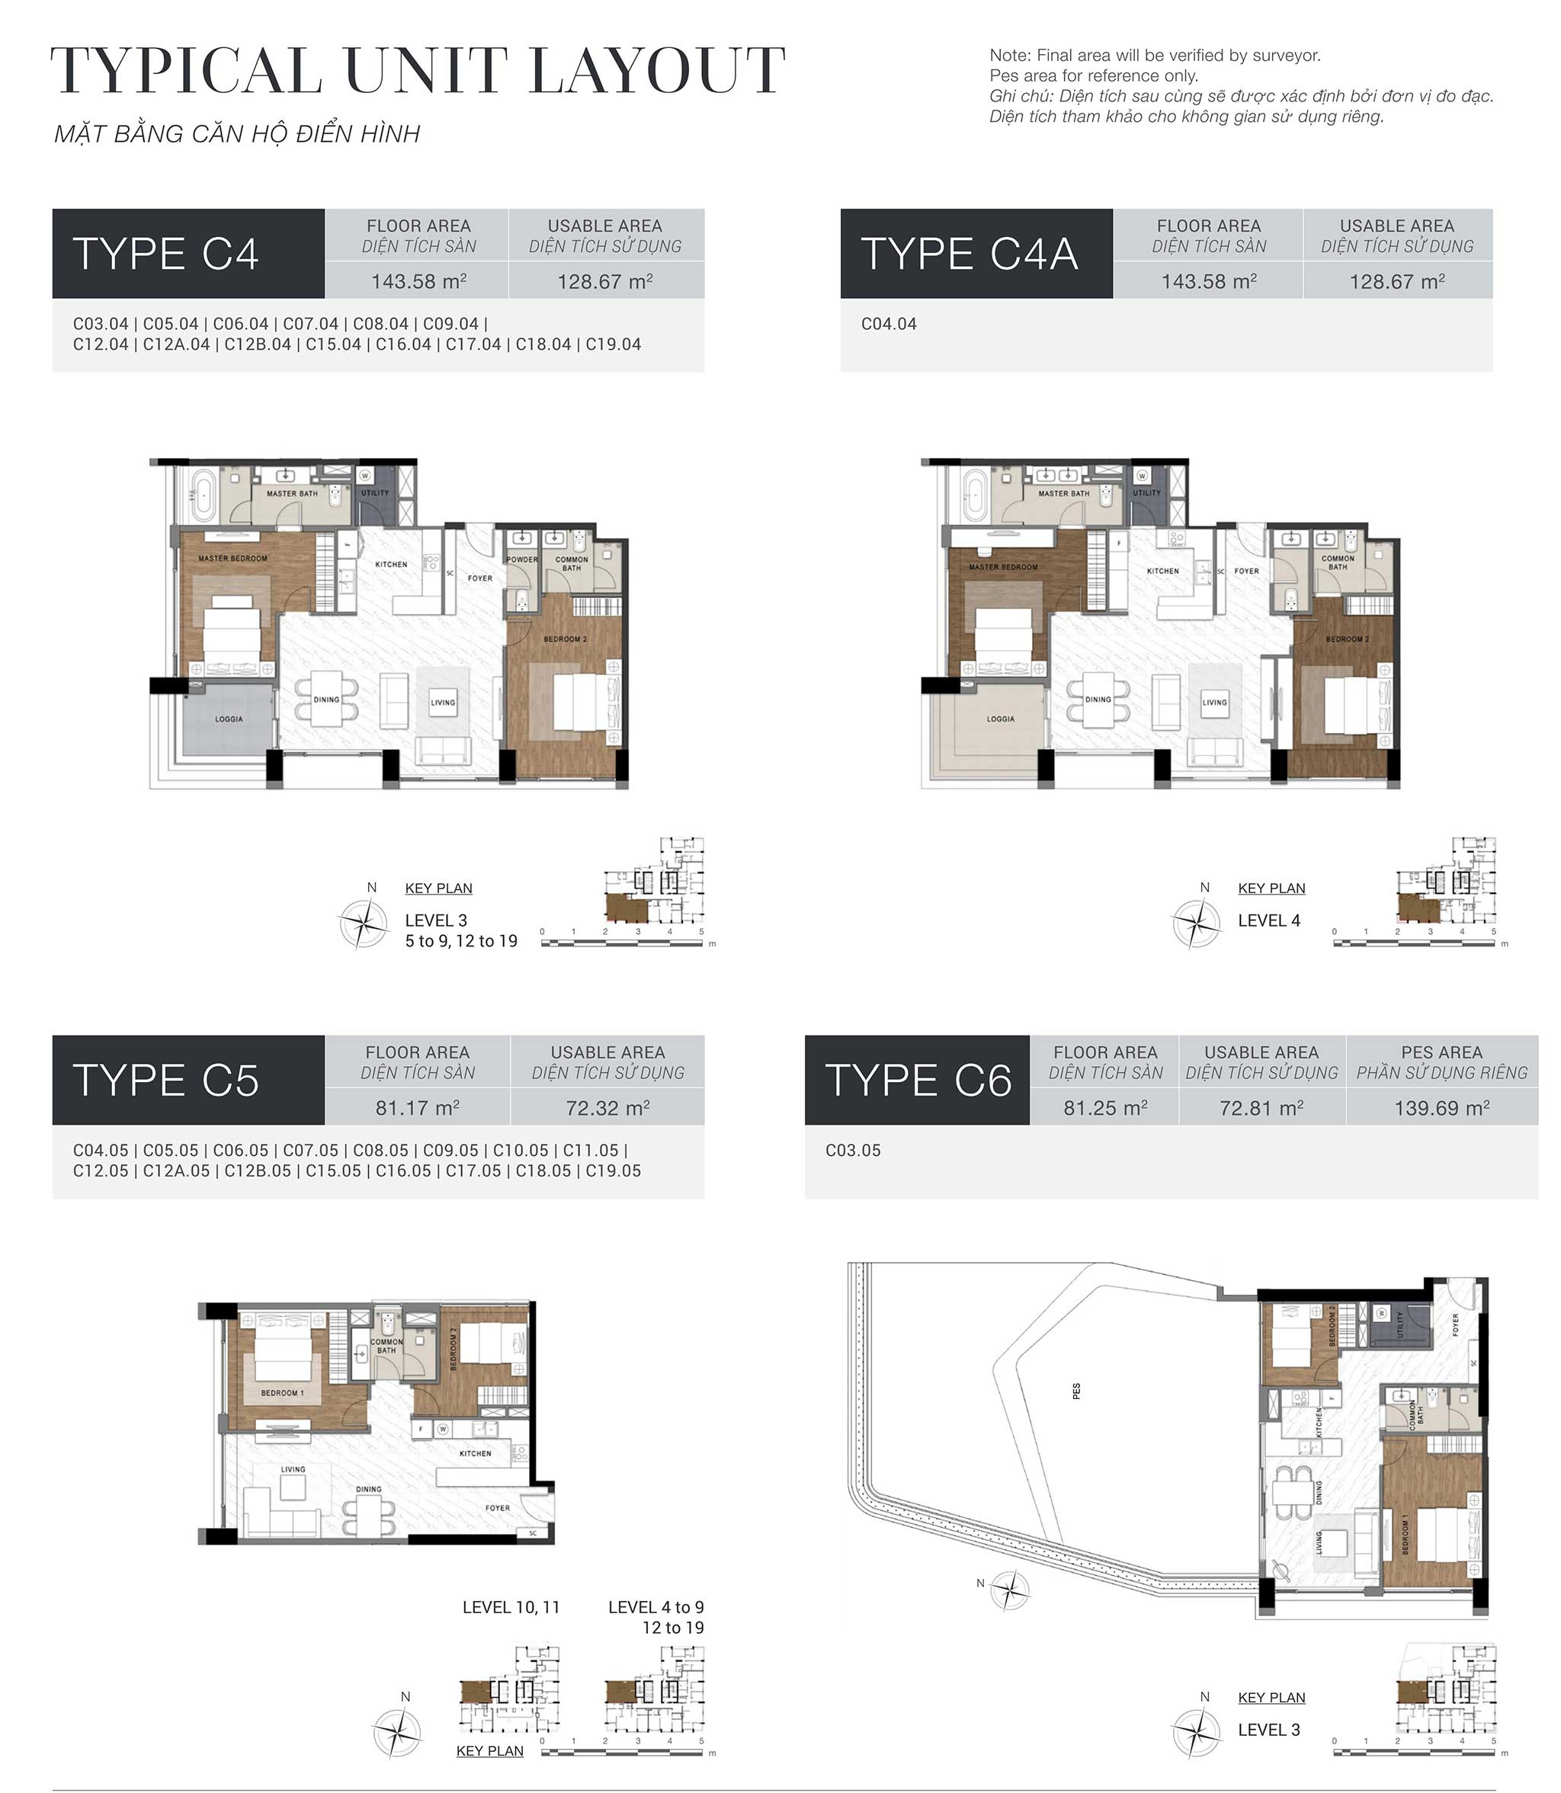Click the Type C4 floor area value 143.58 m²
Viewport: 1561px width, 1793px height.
(418, 281)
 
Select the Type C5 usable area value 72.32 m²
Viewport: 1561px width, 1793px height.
(607, 1108)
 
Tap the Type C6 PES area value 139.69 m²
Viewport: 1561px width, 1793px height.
(1441, 1108)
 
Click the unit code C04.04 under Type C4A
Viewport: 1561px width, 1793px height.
(889, 324)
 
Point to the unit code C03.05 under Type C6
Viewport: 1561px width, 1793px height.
(853, 1151)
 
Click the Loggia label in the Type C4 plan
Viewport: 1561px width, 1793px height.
(229, 719)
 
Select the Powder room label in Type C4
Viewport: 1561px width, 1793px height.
(522, 560)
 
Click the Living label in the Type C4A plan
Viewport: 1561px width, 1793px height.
(1214, 702)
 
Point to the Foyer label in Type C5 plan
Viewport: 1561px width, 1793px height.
(498, 1507)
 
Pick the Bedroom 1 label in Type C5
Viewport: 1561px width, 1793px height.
(282, 1392)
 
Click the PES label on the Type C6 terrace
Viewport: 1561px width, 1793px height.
(1077, 1391)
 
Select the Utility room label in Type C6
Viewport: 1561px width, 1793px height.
(1400, 1324)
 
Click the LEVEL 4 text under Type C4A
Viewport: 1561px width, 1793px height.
(1268, 921)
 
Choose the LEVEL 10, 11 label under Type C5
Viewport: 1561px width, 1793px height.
(511, 1606)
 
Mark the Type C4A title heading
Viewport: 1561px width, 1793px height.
(969, 254)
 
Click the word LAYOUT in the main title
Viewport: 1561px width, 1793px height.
(657, 72)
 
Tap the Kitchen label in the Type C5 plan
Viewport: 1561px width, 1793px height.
(475, 1453)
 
